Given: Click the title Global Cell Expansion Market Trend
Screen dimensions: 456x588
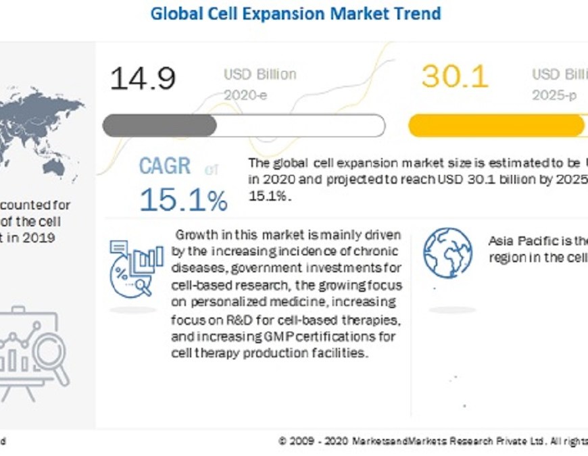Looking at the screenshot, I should [x=295, y=14].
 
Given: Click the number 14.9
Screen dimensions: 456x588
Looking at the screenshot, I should [x=143, y=78].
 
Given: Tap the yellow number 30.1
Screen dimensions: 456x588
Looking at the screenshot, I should [x=455, y=77].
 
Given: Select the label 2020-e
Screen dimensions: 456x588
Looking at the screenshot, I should [x=245, y=95].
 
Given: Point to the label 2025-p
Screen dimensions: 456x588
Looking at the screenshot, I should [x=554, y=95].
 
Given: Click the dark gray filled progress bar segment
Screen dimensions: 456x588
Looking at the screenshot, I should [x=160, y=126].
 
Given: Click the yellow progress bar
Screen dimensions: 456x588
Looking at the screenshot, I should [x=496, y=126].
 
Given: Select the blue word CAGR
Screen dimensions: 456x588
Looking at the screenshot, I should [x=165, y=166].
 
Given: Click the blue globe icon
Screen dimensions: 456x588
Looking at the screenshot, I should [x=447, y=251].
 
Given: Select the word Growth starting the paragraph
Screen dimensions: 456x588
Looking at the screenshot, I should [x=195, y=235].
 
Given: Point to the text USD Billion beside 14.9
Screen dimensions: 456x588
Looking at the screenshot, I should [x=260, y=74].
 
